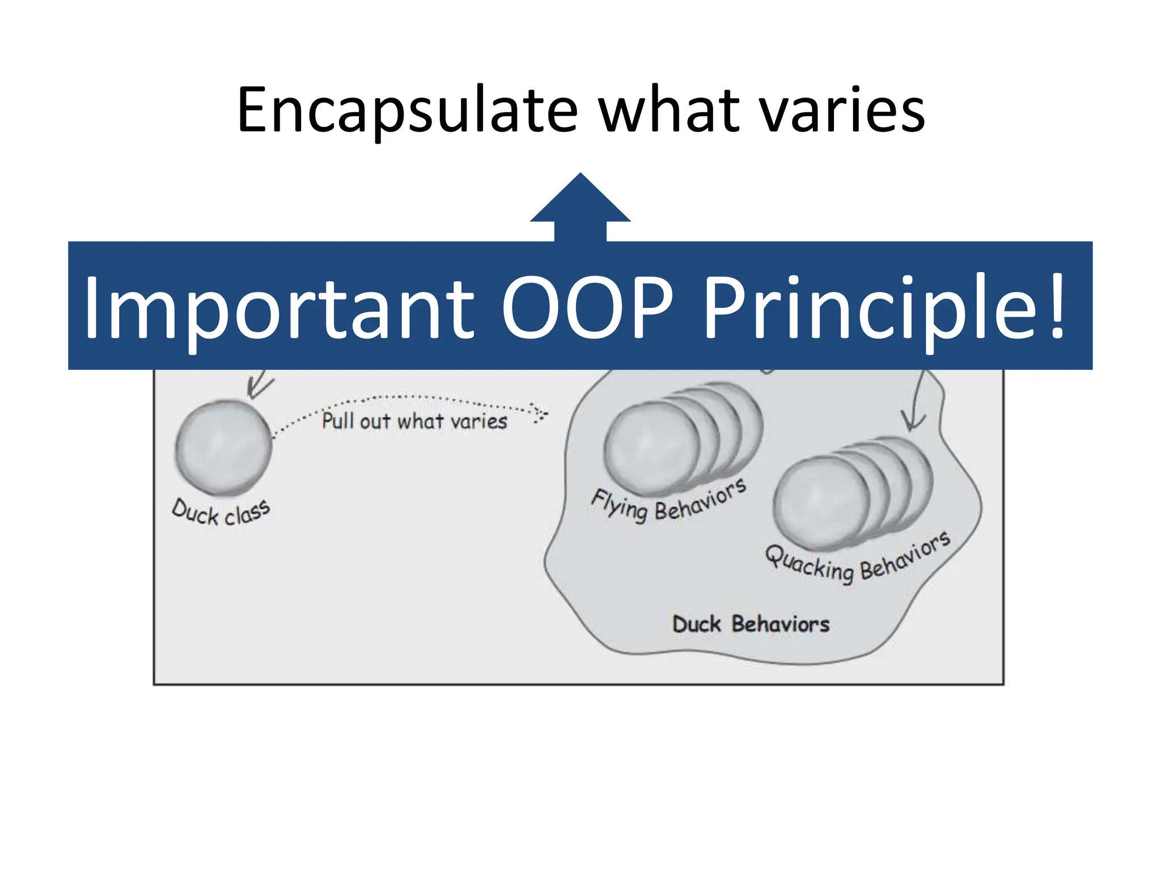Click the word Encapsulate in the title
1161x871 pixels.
(x=406, y=111)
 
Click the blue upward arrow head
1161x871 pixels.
(x=580, y=201)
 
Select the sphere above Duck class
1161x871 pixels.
(x=223, y=447)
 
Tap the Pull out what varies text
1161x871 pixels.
(x=414, y=421)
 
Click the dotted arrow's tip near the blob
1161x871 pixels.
(x=541, y=413)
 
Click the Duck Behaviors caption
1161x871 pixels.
(x=751, y=624)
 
